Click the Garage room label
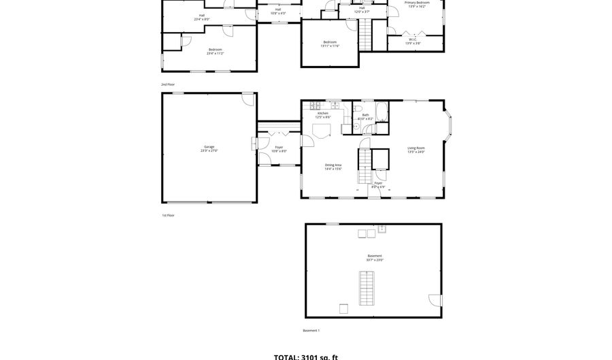[209, 148]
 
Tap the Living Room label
[416, 150]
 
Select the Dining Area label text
[333, 166]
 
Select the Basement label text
[375, 257]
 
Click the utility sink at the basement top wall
[382, 229]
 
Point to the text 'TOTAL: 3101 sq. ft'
[305, 356]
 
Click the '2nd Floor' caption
[168, 84]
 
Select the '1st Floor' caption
[168, 216]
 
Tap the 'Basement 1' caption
[311, 331]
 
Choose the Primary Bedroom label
[417, 4]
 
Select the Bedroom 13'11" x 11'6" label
[329, 44]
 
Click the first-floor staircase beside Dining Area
[365, 166]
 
